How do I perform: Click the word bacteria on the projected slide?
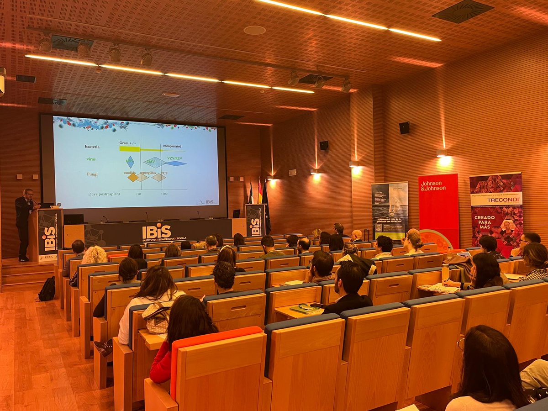pos(92,147)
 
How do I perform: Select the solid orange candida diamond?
pos(132,178)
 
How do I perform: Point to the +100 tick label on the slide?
pos(163,194)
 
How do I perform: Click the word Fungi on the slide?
pos(92,174)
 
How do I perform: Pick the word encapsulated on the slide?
pos(172,146)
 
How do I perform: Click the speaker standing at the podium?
pos(24,219)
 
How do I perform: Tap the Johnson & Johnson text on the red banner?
pos(433,185)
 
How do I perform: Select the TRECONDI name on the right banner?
pos(497,200)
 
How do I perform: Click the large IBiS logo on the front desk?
pos(157,232)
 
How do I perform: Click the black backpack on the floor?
pos(47,290)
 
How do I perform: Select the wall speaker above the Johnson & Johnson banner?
pos(404,128)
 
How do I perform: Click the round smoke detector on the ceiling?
pos(254,30)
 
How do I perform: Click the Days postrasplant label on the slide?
pos(104,194)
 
